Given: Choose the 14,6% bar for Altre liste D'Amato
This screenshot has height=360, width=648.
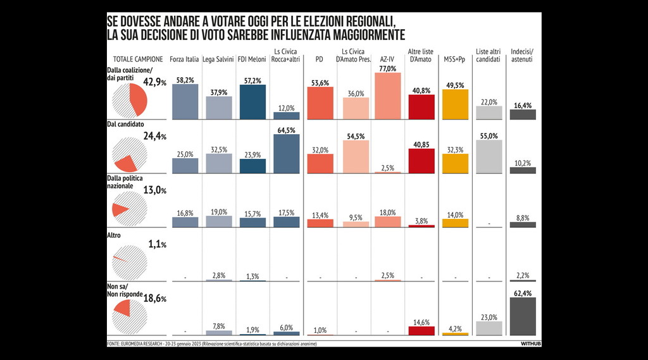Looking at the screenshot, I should pyautogui.click(x=421, y=330).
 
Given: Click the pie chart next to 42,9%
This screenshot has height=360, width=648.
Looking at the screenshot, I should pyautogui.click(x=130, y=102).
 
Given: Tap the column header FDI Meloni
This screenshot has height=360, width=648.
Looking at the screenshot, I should pyautogui.click(x=251, y=60).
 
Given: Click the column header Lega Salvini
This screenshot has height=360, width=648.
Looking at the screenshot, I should pyautogui.click(x=218, y=60).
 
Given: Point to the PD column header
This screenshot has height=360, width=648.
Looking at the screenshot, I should pyautogui.click(x=320, y=60).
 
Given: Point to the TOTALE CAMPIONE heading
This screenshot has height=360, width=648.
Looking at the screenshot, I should pyautogui.click(x=138, y=59).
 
